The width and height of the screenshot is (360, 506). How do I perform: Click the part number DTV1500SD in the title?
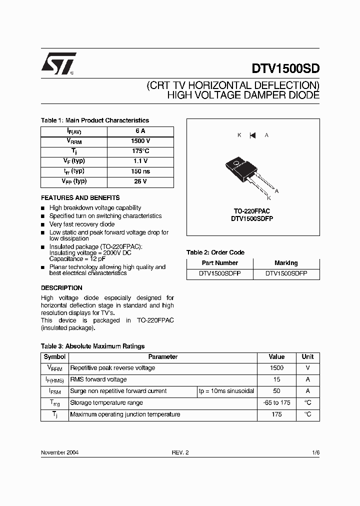point(282,68)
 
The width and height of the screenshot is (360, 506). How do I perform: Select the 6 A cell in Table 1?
point(140,131)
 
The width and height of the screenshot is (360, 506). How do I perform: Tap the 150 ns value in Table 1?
point(140,171)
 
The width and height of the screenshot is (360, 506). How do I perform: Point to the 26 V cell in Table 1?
point(140,181)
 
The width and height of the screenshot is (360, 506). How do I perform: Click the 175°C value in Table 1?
point(140,151)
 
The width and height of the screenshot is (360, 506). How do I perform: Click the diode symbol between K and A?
point(252,135)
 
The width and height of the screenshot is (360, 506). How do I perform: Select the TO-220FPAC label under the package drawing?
point(252,211)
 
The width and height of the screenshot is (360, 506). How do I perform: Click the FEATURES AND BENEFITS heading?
point(80,197)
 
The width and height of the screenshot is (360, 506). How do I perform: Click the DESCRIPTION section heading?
point(61,288)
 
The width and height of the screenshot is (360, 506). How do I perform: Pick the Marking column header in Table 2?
point(286,263)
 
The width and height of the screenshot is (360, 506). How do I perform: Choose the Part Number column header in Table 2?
point(219,263)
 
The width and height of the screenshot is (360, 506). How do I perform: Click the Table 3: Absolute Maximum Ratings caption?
point(92,346)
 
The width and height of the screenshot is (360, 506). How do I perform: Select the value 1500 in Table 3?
point(276,368)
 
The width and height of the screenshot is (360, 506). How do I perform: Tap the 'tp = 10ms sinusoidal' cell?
point(226,391)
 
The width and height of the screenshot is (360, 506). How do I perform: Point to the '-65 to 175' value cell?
point(276,402)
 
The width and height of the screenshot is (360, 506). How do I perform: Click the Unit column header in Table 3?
point(307,357)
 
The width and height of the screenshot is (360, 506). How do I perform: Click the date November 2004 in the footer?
point(59,452)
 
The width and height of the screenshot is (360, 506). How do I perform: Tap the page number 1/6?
point(315,452)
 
